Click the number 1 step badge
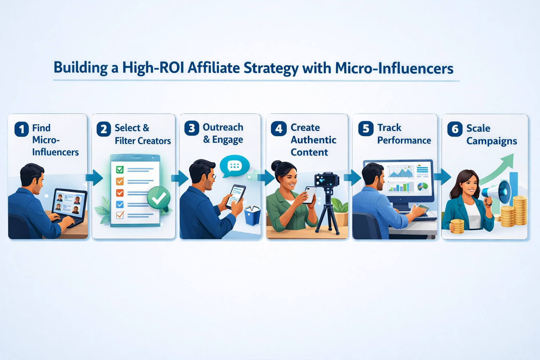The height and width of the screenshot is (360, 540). pos(21,129)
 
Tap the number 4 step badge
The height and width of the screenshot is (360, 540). pos(278,129)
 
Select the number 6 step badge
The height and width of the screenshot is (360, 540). pos(455,129)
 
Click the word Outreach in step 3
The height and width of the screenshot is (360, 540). pos(223,127)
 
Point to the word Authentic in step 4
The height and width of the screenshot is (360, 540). pos(313,140)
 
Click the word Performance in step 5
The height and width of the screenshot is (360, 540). pos(404,140)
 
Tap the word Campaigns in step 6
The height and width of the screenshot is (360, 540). pos(491,141)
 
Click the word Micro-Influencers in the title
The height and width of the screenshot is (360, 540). pos(394,68)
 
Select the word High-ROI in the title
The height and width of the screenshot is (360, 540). pos(153,67)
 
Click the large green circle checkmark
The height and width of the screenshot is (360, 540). pos(159,199)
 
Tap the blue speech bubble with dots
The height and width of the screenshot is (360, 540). pos(234,166)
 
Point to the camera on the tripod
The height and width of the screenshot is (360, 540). pos(327,180)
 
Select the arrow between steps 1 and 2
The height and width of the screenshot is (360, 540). pos(94,178)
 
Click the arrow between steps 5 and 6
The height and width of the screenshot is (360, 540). pos(442,176)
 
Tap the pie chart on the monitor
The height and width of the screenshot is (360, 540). pos(423,186)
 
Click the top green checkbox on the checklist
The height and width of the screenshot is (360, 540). pos(120,170)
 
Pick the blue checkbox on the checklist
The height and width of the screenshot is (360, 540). pos(120,204)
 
